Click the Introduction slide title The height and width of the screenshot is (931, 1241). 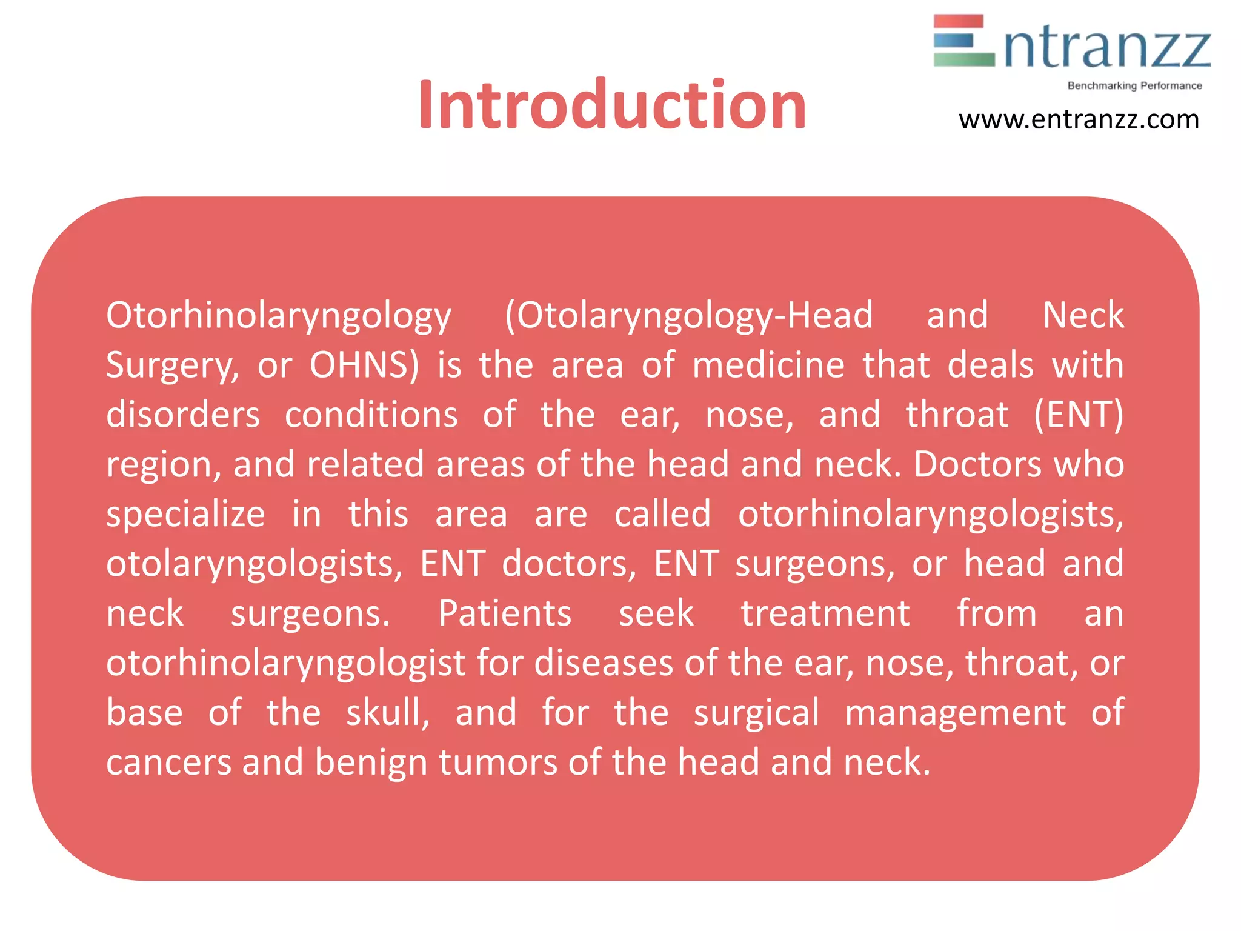click(612, 105)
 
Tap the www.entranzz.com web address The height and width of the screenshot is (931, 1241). click(1079, 119)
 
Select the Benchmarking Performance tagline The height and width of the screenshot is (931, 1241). click(1134, 86)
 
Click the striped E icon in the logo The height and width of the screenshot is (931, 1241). click(963, 41)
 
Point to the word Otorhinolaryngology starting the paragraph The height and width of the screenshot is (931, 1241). click(279, 316)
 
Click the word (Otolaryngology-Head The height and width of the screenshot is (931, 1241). click(689, 316)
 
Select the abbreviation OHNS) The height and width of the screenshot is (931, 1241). click(364, 365)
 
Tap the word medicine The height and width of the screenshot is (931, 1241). click(768, 365)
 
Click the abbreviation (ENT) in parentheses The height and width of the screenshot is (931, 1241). click(1079, 415)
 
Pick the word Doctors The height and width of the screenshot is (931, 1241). click(977, 465)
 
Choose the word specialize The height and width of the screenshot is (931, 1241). click(185, 515)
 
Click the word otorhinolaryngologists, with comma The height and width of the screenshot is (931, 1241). click(931, 515)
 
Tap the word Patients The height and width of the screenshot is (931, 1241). click(505, 613)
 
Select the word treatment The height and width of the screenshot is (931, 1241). click(825, 613)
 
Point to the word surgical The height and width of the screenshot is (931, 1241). click(756, 713)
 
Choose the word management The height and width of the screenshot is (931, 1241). click(956, 713)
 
